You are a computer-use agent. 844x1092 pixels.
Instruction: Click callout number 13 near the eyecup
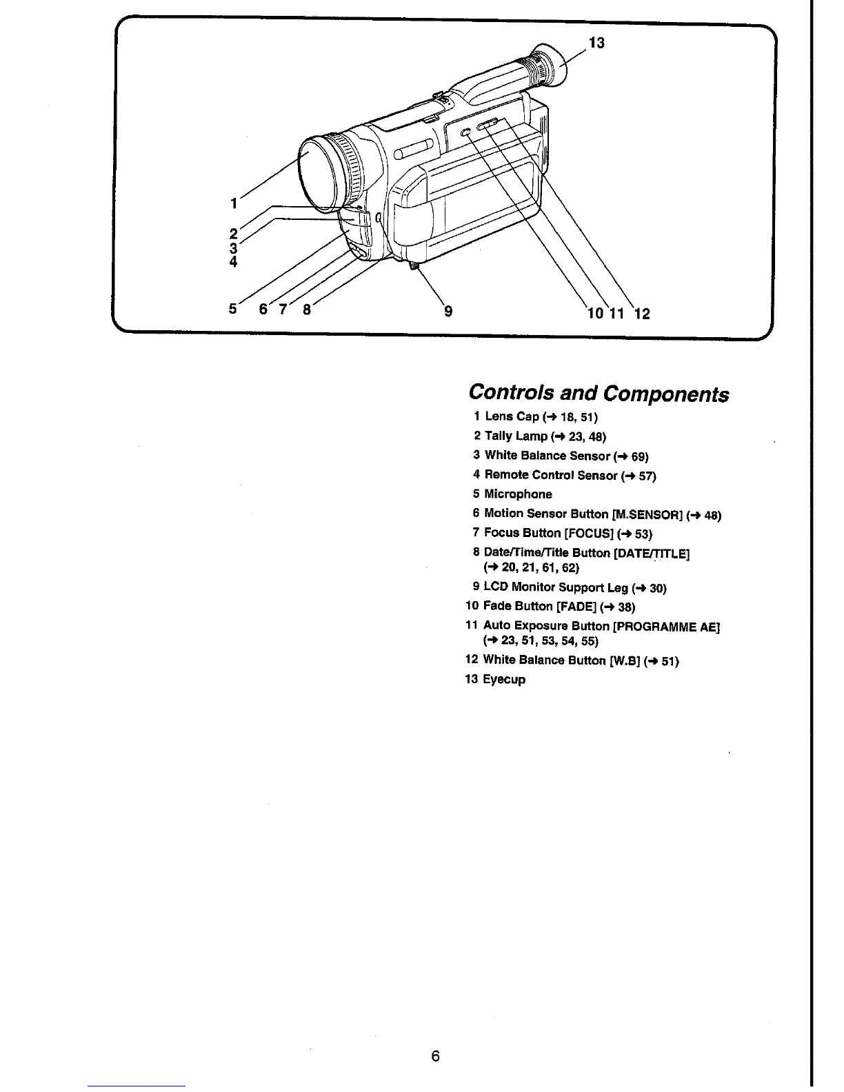596,43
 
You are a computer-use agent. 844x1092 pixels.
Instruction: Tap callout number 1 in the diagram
234,203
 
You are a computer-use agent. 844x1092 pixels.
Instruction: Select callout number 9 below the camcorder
448,311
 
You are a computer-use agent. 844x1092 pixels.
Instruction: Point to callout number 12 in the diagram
641,314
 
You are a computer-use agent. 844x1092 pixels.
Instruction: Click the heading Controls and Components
598,393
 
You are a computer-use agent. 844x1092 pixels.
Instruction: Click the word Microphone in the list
518,494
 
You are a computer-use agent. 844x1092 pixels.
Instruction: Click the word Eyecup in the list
504,680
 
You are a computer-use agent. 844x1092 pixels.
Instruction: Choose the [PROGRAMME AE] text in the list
665,626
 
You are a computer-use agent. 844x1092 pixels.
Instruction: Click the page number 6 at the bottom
435,1055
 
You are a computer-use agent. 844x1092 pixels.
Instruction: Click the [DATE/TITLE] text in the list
651,553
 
